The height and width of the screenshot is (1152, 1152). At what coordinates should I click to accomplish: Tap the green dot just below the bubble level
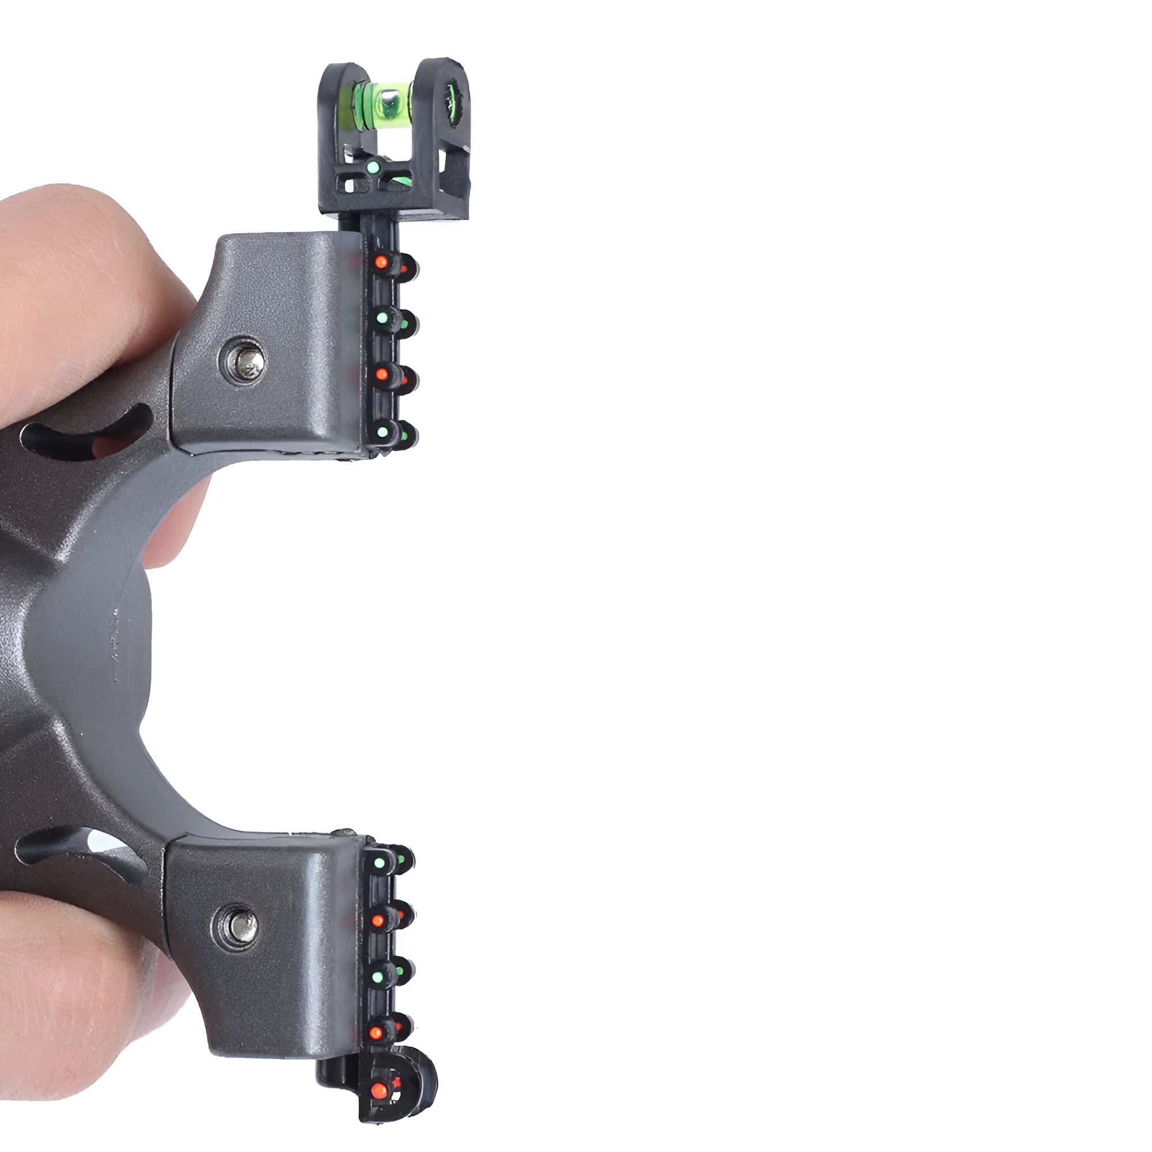click(x=373, y=168)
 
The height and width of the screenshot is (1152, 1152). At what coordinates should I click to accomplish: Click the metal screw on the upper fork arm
click(x=242, y=361)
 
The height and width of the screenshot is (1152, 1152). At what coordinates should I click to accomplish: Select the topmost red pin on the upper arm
click(x=380, y=262)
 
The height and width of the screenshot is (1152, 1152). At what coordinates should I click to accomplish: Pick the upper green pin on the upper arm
click(x=382, y=318)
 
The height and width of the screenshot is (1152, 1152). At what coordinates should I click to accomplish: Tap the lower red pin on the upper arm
click(x=380, y=374)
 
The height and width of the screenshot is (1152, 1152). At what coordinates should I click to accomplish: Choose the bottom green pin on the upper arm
click(x=382, y=429)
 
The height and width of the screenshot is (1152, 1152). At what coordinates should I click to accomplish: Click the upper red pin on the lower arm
click(x=377, y=920)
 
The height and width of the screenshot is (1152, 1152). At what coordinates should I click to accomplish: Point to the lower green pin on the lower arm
click(x=377, y=977)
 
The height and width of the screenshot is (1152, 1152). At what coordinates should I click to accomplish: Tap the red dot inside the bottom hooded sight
click(x=377, y=1090)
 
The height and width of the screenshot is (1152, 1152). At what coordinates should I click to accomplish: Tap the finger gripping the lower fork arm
click(x=78, y=978)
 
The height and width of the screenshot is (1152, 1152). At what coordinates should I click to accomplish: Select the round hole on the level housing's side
click(x=456, y=98)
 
